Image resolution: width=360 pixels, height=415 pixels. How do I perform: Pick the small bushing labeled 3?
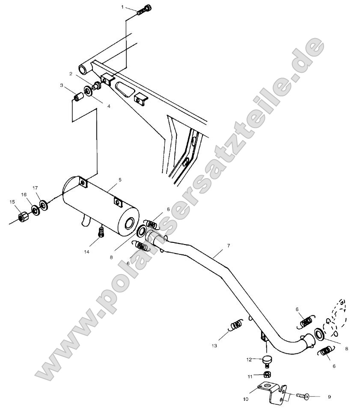pos(78,98)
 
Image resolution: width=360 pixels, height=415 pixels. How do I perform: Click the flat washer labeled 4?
pos(88,91)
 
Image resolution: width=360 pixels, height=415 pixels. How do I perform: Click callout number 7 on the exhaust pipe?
pos(229,246)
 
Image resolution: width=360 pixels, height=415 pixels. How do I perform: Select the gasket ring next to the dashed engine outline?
pos(318,333)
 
